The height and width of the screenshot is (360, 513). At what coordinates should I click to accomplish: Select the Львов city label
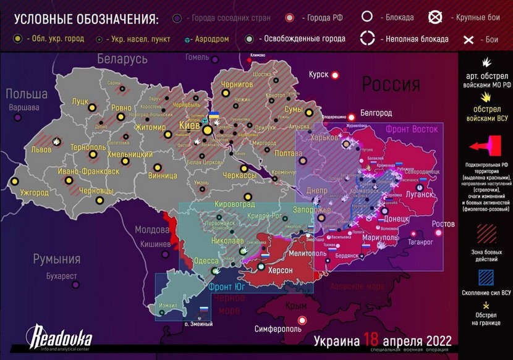(x=42, y=150)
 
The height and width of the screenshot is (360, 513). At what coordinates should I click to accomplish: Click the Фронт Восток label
(x=412, y=129)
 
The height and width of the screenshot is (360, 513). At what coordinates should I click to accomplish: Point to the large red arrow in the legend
(x=484, y=146)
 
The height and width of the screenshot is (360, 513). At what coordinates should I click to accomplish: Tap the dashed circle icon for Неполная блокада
(x=368, y=38)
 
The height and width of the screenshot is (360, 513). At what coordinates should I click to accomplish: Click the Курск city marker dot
(x=336, y=75)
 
